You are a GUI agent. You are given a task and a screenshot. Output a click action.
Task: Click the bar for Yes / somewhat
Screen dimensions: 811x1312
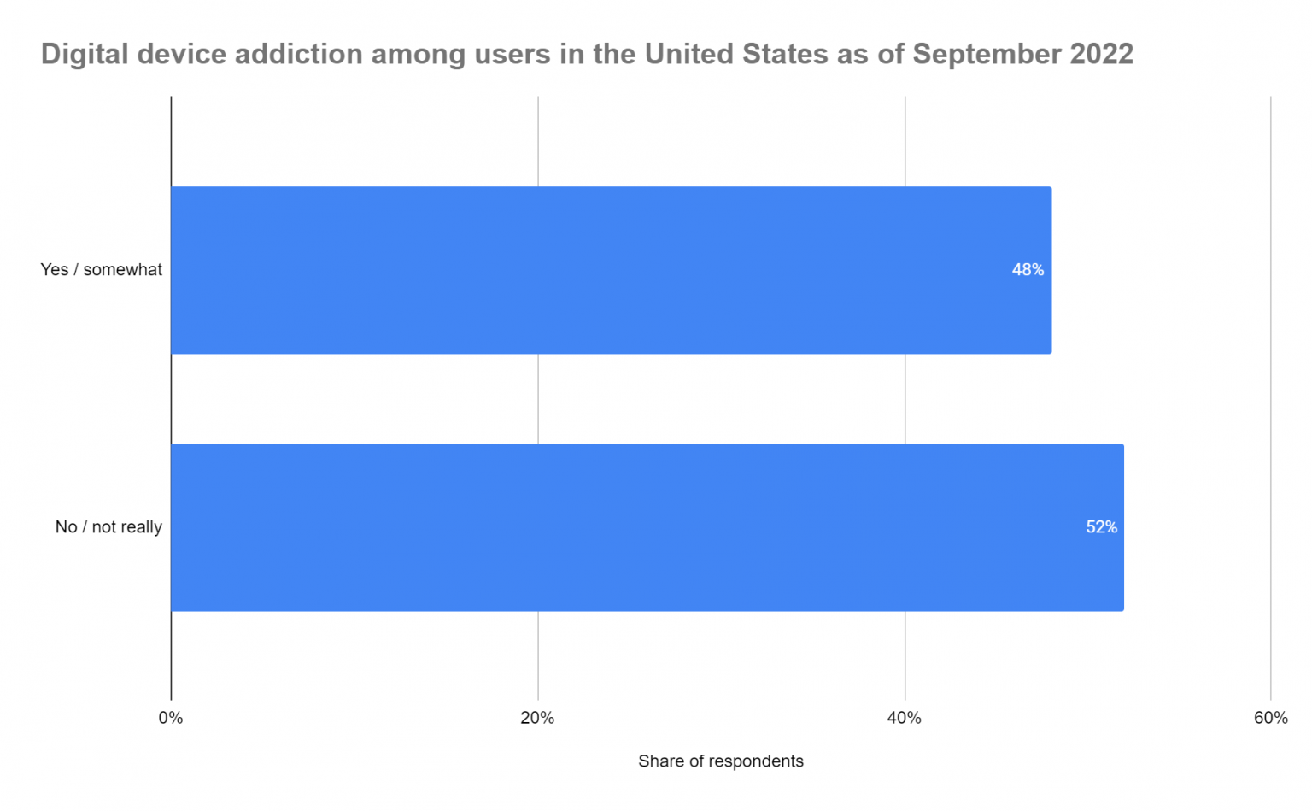(611, 270)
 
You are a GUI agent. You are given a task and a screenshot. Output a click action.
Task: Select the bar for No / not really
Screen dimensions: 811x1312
(647, 527)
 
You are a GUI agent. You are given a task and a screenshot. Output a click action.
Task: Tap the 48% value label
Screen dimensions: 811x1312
(1028, 270)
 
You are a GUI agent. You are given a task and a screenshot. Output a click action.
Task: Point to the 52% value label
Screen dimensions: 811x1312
(1101, 527)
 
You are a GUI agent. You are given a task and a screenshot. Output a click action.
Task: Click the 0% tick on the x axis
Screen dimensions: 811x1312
(171, 718)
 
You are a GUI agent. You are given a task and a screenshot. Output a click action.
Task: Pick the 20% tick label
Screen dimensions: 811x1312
(537, 718)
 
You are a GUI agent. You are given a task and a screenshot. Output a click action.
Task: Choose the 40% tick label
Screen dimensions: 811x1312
(904, 718)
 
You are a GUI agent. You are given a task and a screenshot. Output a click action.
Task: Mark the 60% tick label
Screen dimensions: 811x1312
(1270, 718)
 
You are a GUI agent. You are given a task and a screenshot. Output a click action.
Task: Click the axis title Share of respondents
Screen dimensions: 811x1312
(720, 761)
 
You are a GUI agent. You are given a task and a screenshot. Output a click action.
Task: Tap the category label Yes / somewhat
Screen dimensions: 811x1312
(101, 270)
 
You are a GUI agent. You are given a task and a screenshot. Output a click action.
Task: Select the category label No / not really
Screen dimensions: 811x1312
(108, 527)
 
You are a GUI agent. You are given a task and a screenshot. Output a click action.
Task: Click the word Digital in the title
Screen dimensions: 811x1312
(83, 54)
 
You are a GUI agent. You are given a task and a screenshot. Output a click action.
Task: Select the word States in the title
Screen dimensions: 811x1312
(784, 54)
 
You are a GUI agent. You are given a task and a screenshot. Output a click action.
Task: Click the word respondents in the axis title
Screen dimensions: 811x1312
(756, 761)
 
